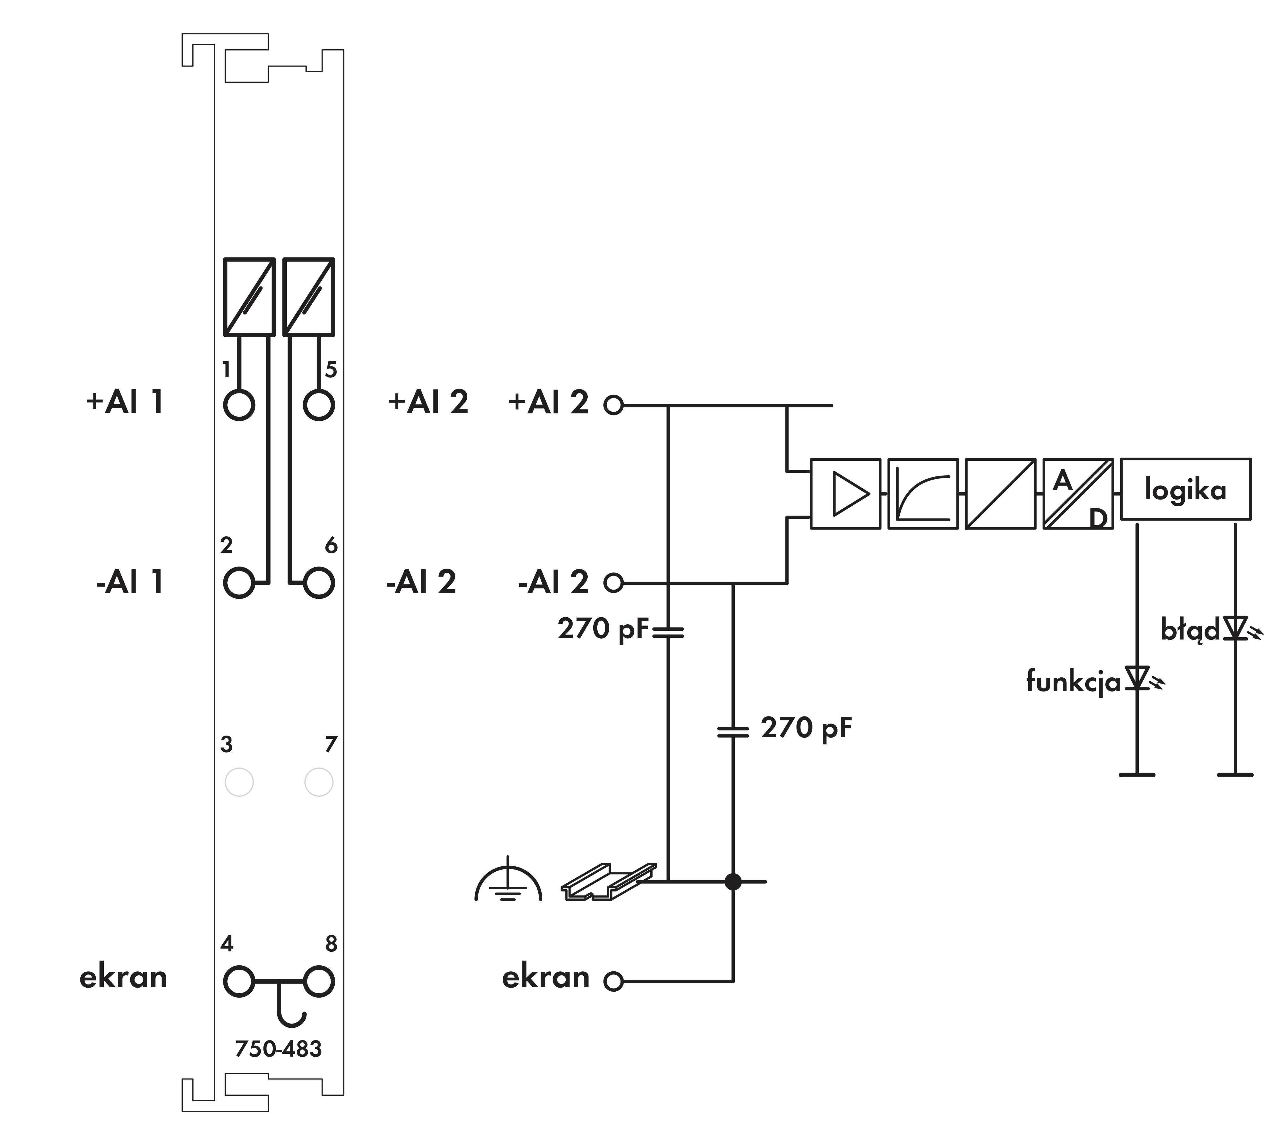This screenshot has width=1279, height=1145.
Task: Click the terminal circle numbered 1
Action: coord(239,405)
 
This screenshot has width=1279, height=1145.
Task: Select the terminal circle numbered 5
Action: coord(319,405)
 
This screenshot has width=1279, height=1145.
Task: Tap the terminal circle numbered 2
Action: coord(239,582)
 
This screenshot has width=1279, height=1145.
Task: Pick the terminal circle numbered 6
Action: coord(319,582)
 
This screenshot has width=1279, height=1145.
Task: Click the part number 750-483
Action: coord(278,1049)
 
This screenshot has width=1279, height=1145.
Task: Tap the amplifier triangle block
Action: coord(845,494)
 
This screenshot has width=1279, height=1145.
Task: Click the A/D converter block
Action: coord(1078,494)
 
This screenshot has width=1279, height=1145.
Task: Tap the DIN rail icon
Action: coord(609,881)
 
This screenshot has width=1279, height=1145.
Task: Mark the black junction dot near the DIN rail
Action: coord(733,881)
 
